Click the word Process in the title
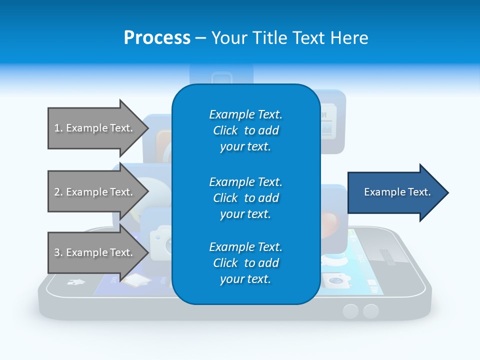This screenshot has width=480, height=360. coord(157,38)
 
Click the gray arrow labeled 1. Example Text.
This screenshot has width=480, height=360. coord(95,128)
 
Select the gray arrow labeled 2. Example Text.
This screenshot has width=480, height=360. coord(95,192)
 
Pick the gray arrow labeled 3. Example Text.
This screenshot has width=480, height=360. coord(95,252)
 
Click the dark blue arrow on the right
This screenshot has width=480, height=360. coord(395,192)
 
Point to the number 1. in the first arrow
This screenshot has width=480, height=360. coord(58,128)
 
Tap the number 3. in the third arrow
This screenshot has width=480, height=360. coord(58,252)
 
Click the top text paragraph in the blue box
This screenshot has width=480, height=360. coord(245,130)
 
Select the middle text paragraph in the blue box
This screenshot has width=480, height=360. coord(245,198)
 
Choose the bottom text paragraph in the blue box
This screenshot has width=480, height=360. coord(245,263)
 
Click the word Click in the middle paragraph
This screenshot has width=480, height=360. coord(225,198)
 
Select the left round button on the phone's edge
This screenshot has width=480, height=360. coord(350,311)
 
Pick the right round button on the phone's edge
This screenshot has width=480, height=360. coord(370,311)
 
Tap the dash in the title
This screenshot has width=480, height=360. coord(200,38)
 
